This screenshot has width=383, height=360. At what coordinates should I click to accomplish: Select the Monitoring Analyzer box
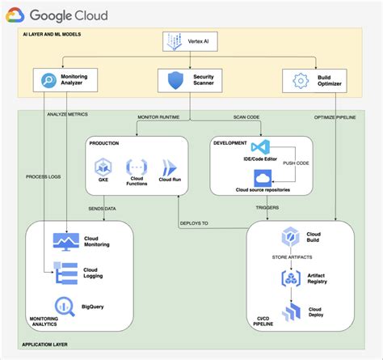point(64,80)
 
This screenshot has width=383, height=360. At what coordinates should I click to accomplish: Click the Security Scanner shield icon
point(175,81)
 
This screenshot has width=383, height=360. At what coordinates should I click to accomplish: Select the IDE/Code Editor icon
point(259,148)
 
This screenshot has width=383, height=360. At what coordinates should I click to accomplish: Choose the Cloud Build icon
point(290,238)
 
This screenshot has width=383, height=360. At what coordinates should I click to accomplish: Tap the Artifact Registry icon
point(290,278)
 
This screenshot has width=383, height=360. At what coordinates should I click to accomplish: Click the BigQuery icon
point(62,307)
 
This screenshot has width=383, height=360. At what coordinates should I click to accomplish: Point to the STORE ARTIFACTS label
point(290,259)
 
